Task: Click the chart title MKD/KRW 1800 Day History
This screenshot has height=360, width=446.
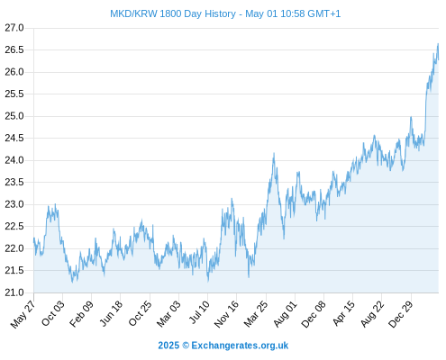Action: coord(173,13)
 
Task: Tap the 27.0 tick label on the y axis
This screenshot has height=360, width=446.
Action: coord(14,28)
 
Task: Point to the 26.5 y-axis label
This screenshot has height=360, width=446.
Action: coord(14,49)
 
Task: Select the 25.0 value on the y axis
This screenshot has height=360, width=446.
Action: coord(14,116)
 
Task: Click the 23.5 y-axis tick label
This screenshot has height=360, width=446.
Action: coord(14,182)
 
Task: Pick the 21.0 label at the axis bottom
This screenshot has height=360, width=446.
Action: coord(14,292)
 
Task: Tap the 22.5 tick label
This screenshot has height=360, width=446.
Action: coord(14,226)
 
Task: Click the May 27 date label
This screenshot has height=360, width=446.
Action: coord(23,314)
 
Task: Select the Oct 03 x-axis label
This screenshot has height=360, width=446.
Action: coord(53,313)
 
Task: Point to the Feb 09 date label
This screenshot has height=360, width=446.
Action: coord(81,314)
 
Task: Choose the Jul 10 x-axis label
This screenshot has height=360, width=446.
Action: coord(199,312)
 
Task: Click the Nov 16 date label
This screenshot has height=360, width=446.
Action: coord(226,314)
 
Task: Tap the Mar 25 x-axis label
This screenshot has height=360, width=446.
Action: coord(256,314)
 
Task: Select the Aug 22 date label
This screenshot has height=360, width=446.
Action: coord(372,314)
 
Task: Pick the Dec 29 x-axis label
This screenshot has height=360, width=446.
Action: coord(401,314)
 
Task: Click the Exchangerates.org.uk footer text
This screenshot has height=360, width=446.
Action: coord(240,346)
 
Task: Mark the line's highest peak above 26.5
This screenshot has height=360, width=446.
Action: coord(438,44)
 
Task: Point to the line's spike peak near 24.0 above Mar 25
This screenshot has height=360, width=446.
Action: coord(274,153)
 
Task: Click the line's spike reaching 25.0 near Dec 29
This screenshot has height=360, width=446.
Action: coord(411,117)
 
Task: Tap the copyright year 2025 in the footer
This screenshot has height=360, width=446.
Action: coord(168,346)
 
